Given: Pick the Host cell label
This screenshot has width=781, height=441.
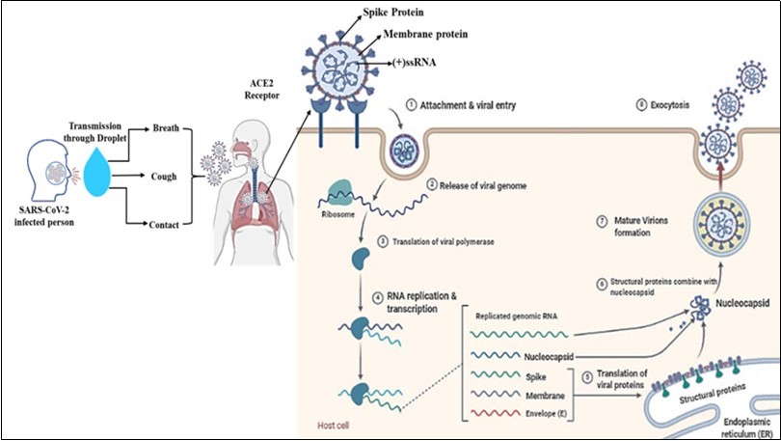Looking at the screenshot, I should coord(335,423).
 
